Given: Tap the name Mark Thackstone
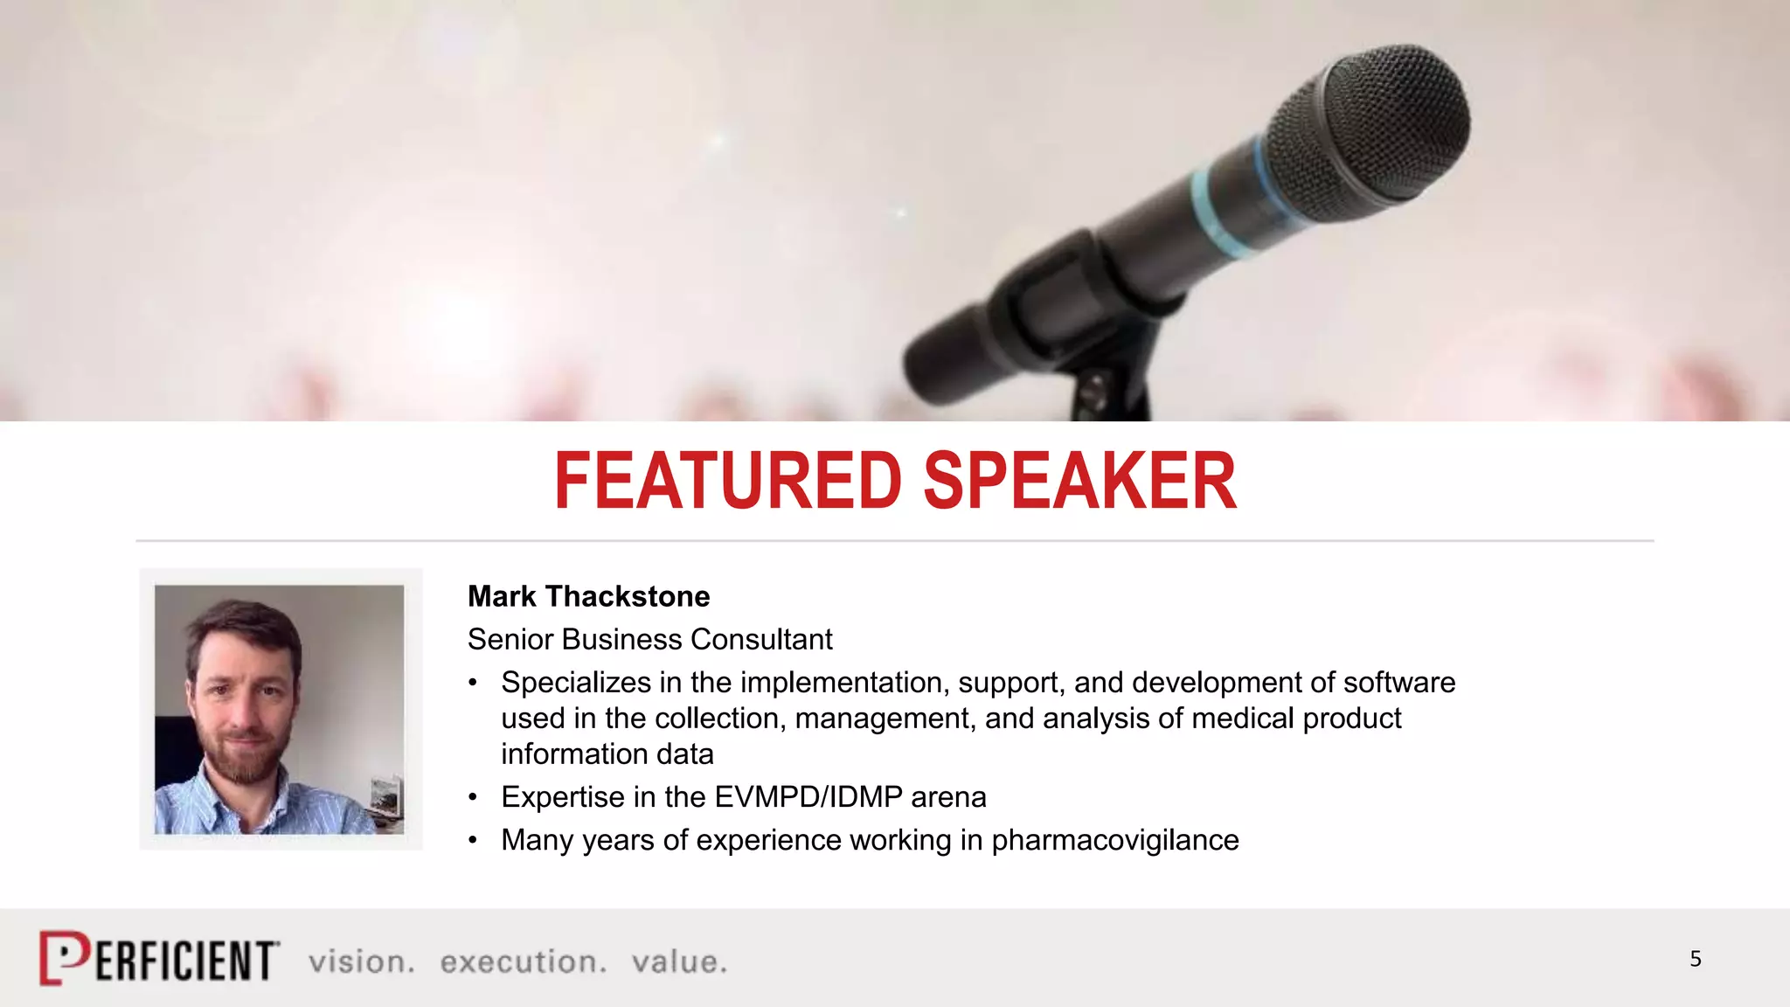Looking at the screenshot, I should [588, 597].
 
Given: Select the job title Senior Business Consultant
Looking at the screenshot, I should [649, 640].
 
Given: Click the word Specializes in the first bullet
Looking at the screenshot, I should [576, 683].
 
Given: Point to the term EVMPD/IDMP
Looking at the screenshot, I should [808, 797].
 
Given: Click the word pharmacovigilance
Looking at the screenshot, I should [1114, 840].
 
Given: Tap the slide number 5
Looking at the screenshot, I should [1695, 960].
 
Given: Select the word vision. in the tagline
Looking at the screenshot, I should [361, 962].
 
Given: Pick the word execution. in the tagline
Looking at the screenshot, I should [523, 962].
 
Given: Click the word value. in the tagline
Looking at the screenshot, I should [679, 962].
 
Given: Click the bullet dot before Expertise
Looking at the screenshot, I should [473, 797].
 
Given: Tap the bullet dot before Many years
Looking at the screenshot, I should [473, 840].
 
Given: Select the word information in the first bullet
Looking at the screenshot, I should [607, 754].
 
